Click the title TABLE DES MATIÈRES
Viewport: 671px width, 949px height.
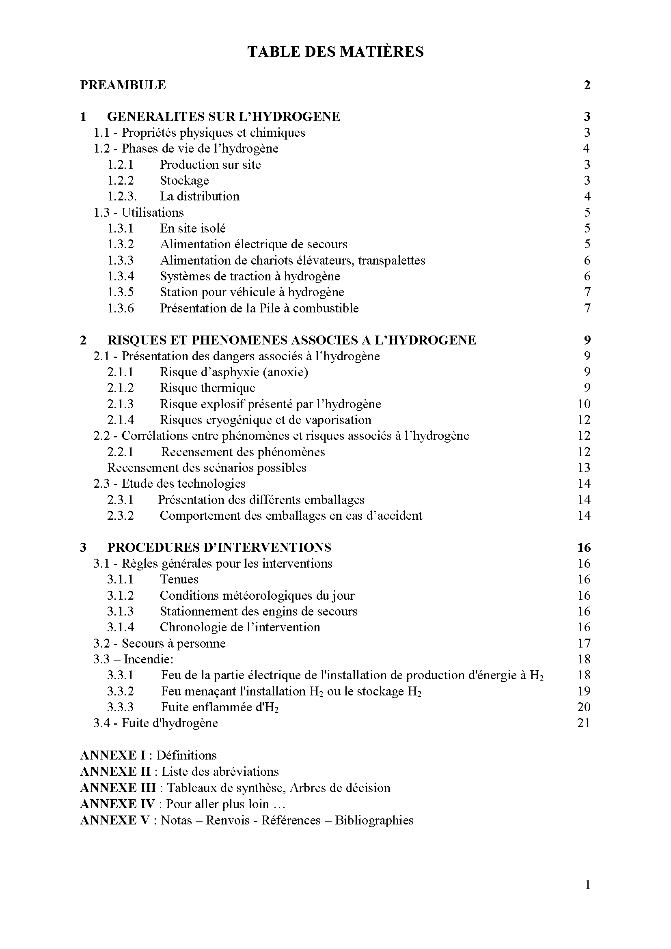[x=335, y=52]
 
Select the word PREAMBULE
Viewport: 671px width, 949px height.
[x=123, y=85]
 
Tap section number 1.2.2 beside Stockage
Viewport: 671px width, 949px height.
[x=121, y=181]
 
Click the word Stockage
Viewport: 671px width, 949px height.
[x=184, y=181]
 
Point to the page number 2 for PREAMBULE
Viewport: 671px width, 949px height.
[x=587, y=85]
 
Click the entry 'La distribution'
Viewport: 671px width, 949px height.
[x=200, y=196]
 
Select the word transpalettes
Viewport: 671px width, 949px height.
[x=392, y=260]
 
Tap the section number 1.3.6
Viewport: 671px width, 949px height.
[x=121, y=308]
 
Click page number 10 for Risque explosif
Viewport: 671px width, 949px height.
[x=584, y=404]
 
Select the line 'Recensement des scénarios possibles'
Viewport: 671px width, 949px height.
[x=207, y=468]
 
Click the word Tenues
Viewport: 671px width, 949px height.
[x=179, y=579]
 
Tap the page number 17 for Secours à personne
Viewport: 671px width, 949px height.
[x=584, y=643]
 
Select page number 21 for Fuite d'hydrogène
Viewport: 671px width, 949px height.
[x=584, y=723]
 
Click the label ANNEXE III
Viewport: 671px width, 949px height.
[x=118, y=788]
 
